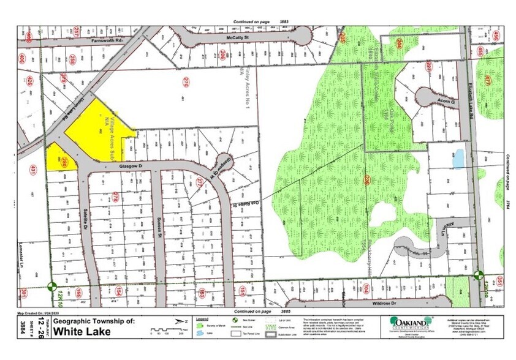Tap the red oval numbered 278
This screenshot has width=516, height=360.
pyautogui.click(x=115, y=196)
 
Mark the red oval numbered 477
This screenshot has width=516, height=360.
pyautogui.click(x=488, y=80)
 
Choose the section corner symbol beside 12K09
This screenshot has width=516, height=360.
pyautogui.click(x=479, y=277)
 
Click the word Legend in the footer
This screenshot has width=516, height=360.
pyautogui.click(x=202, y=319)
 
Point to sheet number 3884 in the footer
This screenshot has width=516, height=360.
pyautogui.click(x=23, y=326)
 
